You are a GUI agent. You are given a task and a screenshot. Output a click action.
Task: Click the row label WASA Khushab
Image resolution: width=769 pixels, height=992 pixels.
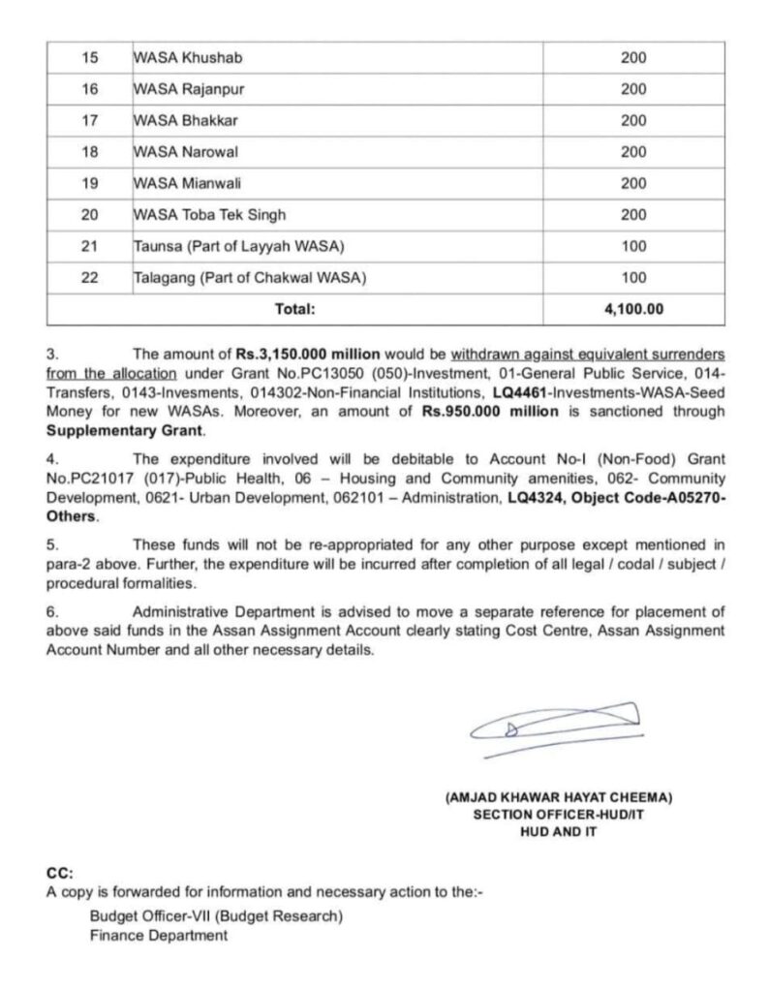point(175,58)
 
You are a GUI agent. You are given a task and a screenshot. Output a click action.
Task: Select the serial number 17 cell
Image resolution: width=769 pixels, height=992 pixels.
point(90,121)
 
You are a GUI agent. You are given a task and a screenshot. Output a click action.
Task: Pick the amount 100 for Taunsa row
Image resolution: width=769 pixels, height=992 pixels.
point(633,247)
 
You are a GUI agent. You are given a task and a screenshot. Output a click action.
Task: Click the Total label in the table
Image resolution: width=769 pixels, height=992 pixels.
point(296,310)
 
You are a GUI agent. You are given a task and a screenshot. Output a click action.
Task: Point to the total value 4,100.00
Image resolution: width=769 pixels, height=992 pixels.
point(633,310)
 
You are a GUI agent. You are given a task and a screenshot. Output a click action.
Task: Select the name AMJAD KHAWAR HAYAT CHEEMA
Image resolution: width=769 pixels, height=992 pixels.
point(559,797)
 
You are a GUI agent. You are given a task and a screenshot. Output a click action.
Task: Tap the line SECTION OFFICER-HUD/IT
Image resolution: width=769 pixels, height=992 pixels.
point(559,815)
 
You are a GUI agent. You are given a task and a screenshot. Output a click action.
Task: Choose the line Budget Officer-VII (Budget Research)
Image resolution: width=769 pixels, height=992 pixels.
point(215,915)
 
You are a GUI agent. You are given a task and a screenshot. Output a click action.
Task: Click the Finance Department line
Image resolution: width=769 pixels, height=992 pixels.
point(159,935)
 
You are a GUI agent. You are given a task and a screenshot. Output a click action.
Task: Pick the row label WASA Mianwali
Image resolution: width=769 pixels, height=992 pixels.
point(177,184)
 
